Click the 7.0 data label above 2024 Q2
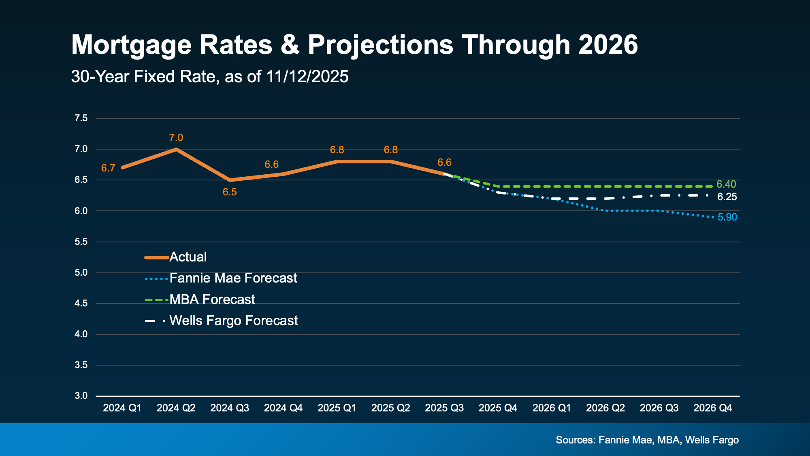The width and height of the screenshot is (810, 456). (x=176, y=138)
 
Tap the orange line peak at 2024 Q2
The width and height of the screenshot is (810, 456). (x=176, y=149)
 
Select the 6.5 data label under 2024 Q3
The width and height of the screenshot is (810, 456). (x=230, y=192)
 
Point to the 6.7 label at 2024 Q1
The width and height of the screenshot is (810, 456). (x=108, y=168)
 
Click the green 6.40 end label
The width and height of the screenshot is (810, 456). (x=726, y=184)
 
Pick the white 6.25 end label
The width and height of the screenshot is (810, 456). (x=727, y=197)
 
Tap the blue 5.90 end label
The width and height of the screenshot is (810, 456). (x=727, y=217)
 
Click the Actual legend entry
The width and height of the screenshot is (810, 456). (x=188, y=257)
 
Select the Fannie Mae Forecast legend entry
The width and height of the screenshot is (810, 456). (x=233, y=278)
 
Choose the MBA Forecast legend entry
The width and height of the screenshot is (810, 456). (x=212, y=300)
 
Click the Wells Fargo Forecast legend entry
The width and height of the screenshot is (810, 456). (x=233, y=321)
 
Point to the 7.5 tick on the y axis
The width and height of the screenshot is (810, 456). (x=81, y=118)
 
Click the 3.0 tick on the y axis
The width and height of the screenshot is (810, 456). (x=81, y=396)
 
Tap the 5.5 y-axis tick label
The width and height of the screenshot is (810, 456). (x=81, y=242)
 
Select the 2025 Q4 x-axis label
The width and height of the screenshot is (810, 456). (x=498, y=408)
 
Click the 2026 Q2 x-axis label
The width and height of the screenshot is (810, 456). (x=605, y=408)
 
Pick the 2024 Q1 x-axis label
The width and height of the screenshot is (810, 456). (x=122, y=408)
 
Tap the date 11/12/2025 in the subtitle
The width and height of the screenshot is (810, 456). (x=307, y=77)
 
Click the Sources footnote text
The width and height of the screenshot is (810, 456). (x=647, y=440)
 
